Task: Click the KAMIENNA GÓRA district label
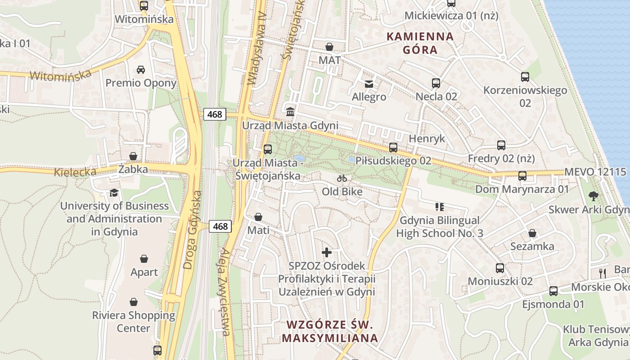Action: (x=420, y=43)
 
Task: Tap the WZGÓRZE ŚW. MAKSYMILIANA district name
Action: (x=330, y=331)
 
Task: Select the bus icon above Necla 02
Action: (x=436, y=83)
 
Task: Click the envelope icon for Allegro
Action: (x=369, y=84)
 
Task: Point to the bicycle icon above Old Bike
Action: (x=342, y=178)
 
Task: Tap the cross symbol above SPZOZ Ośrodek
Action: (x=327, y=252)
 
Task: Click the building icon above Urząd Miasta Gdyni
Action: (x=290, y=112)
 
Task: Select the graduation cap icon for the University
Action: (x=114, y=193)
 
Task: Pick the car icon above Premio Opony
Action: (x=141, y=69)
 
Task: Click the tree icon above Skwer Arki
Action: (x=594, y=196)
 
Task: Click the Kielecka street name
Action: (x=75, y=172)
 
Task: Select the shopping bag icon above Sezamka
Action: (x=532, y=233)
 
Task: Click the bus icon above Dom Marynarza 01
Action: (x=522, y=176)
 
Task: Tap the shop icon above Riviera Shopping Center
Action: (x=134, y=301)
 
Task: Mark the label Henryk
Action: (x=427, y=139)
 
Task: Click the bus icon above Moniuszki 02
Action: (x=499, y=268)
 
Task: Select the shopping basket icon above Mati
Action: (x=258, y=217)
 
